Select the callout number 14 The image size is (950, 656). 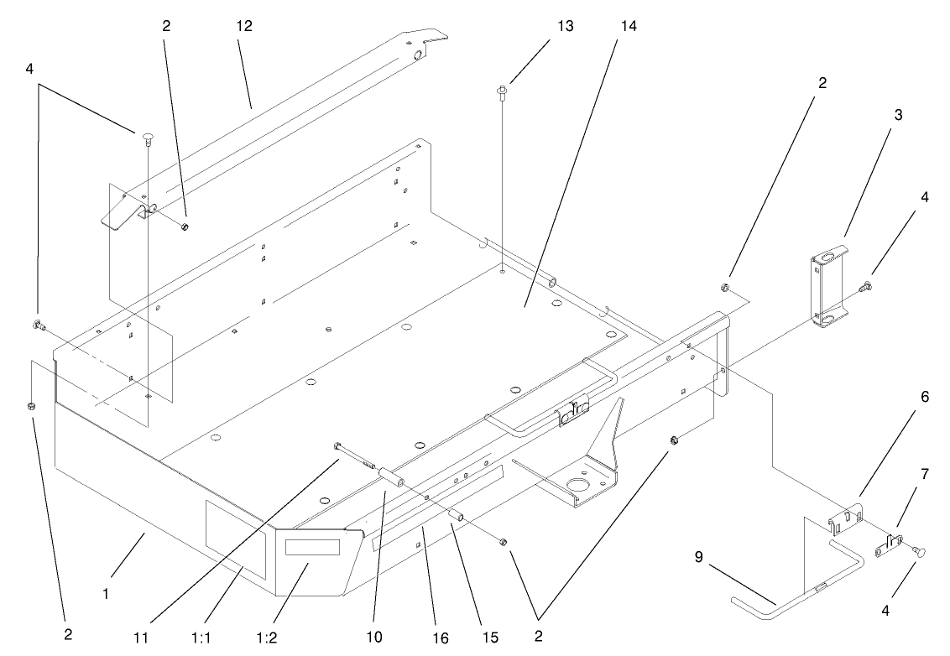pyautogui.click(x=629, y=26)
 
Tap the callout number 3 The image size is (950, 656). pyautogui.click(x=898, y=115)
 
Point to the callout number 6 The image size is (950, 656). pyautogui.click(x=925, y=398)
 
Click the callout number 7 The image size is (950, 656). pyautogui.click(x=925, y=474)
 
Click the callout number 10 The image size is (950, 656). pyautogui.click(x=375, y=638)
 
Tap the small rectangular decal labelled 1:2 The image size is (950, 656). pyautogui.click(x=311, y=547)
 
